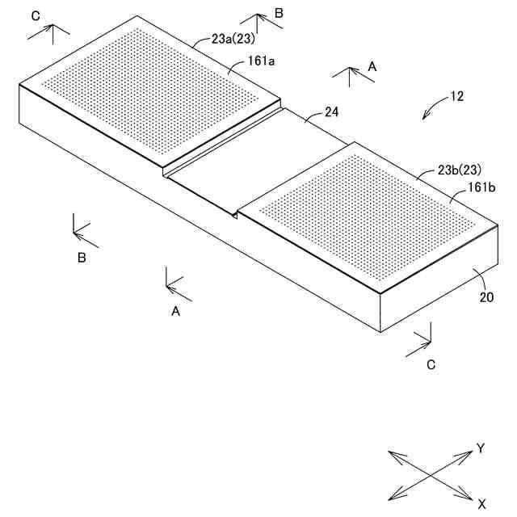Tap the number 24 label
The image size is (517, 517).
pos(331,112)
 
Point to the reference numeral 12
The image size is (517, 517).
pos(456,96)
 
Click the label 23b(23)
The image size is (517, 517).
pos(459,170)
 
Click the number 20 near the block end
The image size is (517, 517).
pos(486,296)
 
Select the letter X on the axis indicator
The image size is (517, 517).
pos(481,504)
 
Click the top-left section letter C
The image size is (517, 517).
pos(34,15)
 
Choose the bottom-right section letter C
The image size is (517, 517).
pos(431,364)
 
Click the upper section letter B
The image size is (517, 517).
pos(279,13)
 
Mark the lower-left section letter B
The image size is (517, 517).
pos(81,258)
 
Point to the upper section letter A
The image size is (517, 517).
pos(372,68)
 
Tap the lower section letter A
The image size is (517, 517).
pos(175,310)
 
